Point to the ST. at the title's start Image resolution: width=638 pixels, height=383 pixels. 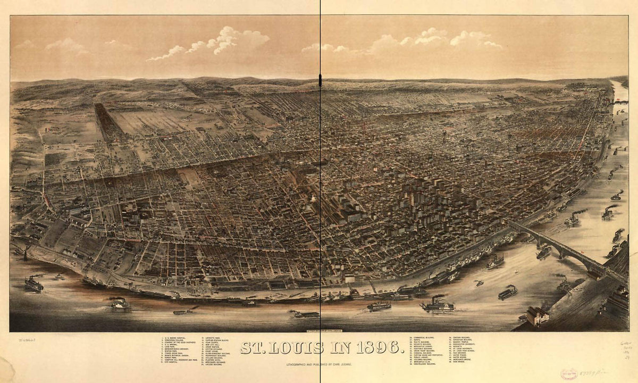click(254, 347)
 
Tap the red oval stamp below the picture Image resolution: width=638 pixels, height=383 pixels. click(569, 373)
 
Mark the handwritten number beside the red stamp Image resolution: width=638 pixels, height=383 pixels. click(593, 372)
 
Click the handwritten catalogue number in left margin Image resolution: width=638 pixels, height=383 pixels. click(22, 339)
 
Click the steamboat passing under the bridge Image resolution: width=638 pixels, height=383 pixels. click(543, 252)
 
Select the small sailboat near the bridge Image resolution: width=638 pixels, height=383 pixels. click(516, 272)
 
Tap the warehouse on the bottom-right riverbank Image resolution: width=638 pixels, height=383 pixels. click(537, 315)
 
